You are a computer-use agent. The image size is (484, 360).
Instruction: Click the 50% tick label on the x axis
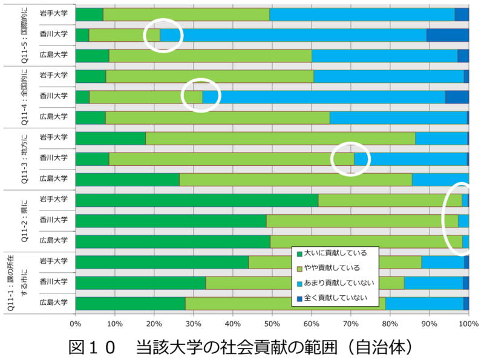coord(272,324)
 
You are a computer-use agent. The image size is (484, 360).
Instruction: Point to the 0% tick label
coord(76,324)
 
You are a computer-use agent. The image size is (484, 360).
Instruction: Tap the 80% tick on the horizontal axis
coord(390,324)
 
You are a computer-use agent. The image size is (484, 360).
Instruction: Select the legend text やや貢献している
coord(332,267)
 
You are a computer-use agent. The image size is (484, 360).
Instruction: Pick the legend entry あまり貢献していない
coord(339,283)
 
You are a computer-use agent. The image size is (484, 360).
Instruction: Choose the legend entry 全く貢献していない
coord(336,297)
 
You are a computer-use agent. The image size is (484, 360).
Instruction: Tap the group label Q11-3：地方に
coord(24,158)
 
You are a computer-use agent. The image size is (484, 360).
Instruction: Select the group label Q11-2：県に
coord(24,220)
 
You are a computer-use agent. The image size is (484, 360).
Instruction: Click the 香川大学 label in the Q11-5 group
coord(53,34)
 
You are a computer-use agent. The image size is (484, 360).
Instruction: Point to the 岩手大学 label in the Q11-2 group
coord(53,199)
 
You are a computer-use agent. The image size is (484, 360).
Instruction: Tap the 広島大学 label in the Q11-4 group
coord(53,116)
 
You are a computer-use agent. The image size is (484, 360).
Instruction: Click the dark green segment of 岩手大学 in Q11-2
coord(197,200)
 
